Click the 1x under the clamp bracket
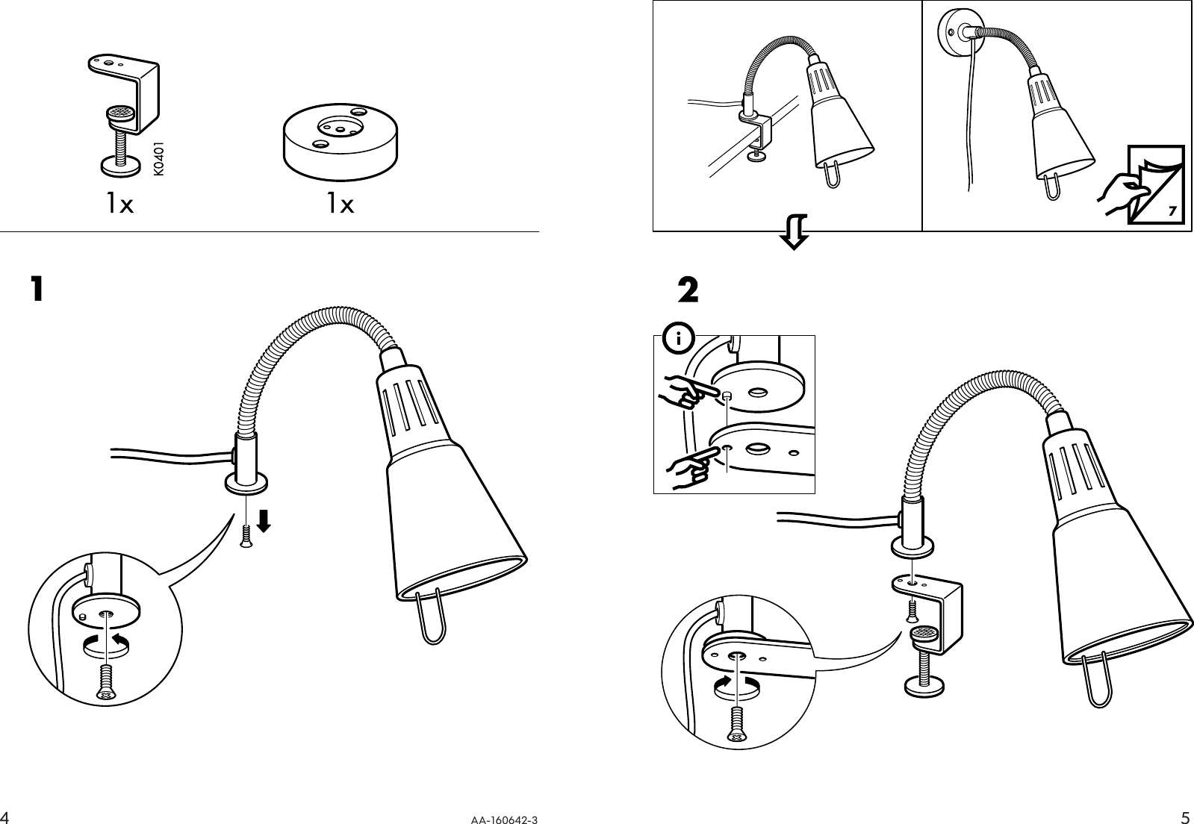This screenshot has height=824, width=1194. (119, 204)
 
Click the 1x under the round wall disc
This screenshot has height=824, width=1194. (340, 204)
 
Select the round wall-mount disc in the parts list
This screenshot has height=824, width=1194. (340, 142)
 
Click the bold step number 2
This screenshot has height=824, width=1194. (688, 290)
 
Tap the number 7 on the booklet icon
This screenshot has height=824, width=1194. (1172, 210)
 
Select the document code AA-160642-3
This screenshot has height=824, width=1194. (504, 820)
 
